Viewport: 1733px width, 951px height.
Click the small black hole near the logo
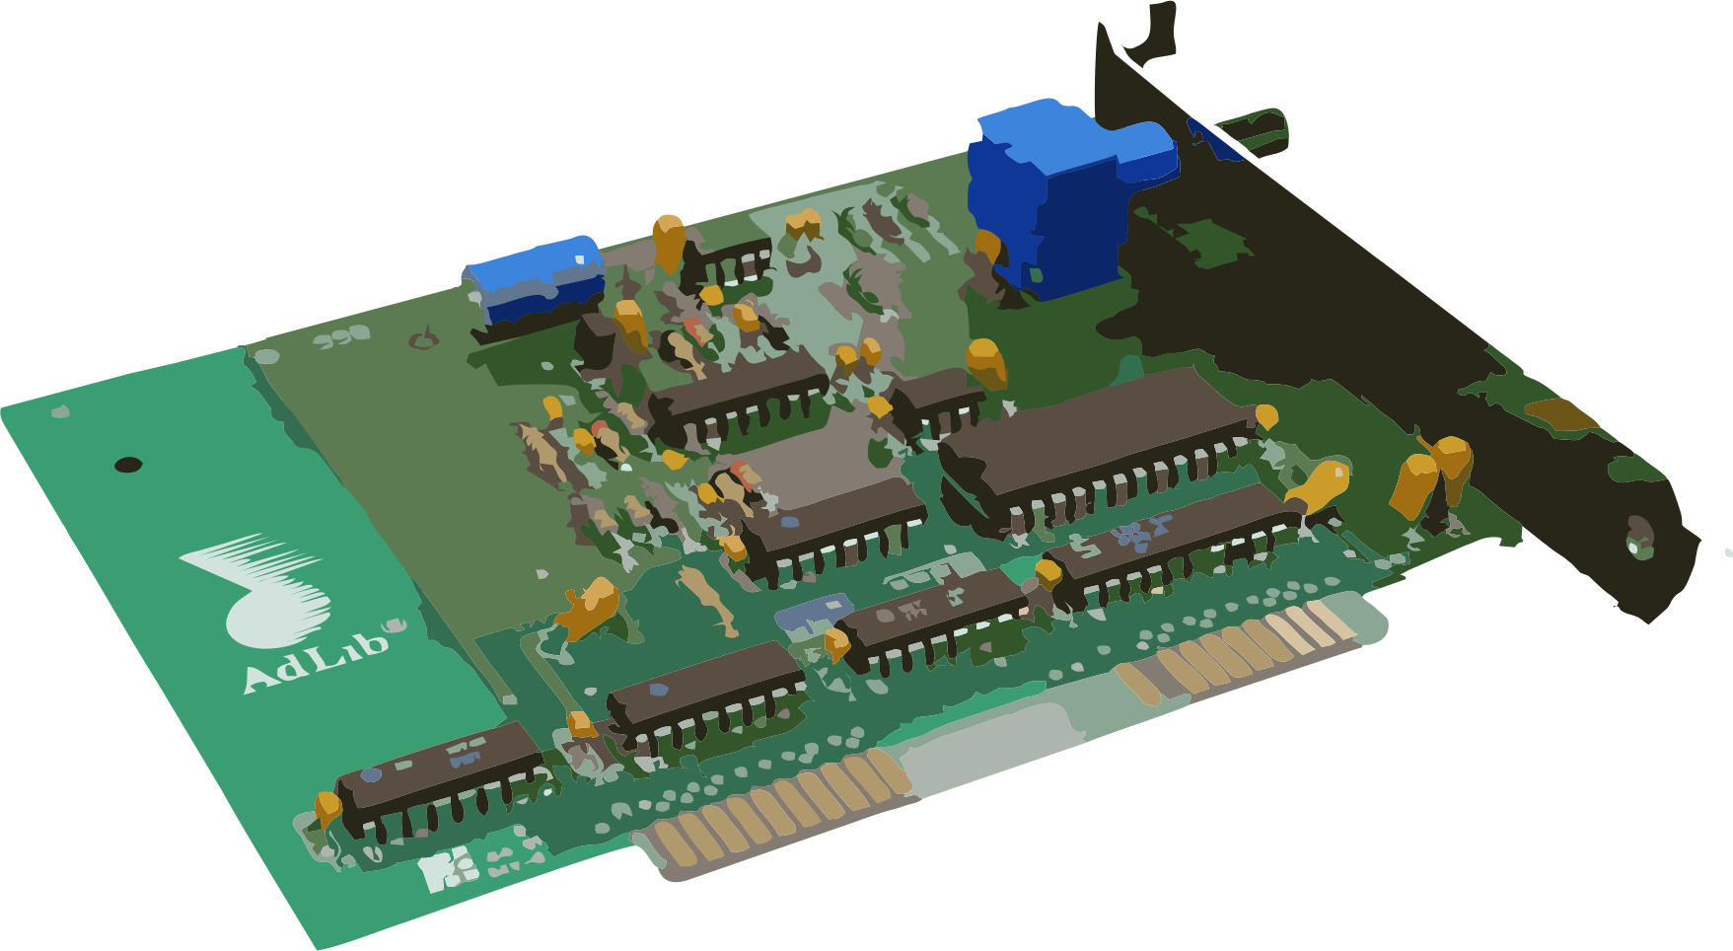coord(128,465)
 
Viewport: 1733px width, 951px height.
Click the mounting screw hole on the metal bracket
coord(1637,538)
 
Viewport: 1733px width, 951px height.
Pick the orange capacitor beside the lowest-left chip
coord(327,809)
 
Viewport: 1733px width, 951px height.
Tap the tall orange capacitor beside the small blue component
coord(668,242)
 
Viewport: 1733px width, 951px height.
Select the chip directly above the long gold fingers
coord(705,691)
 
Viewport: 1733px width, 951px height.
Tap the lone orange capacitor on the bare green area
coord(589,607)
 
